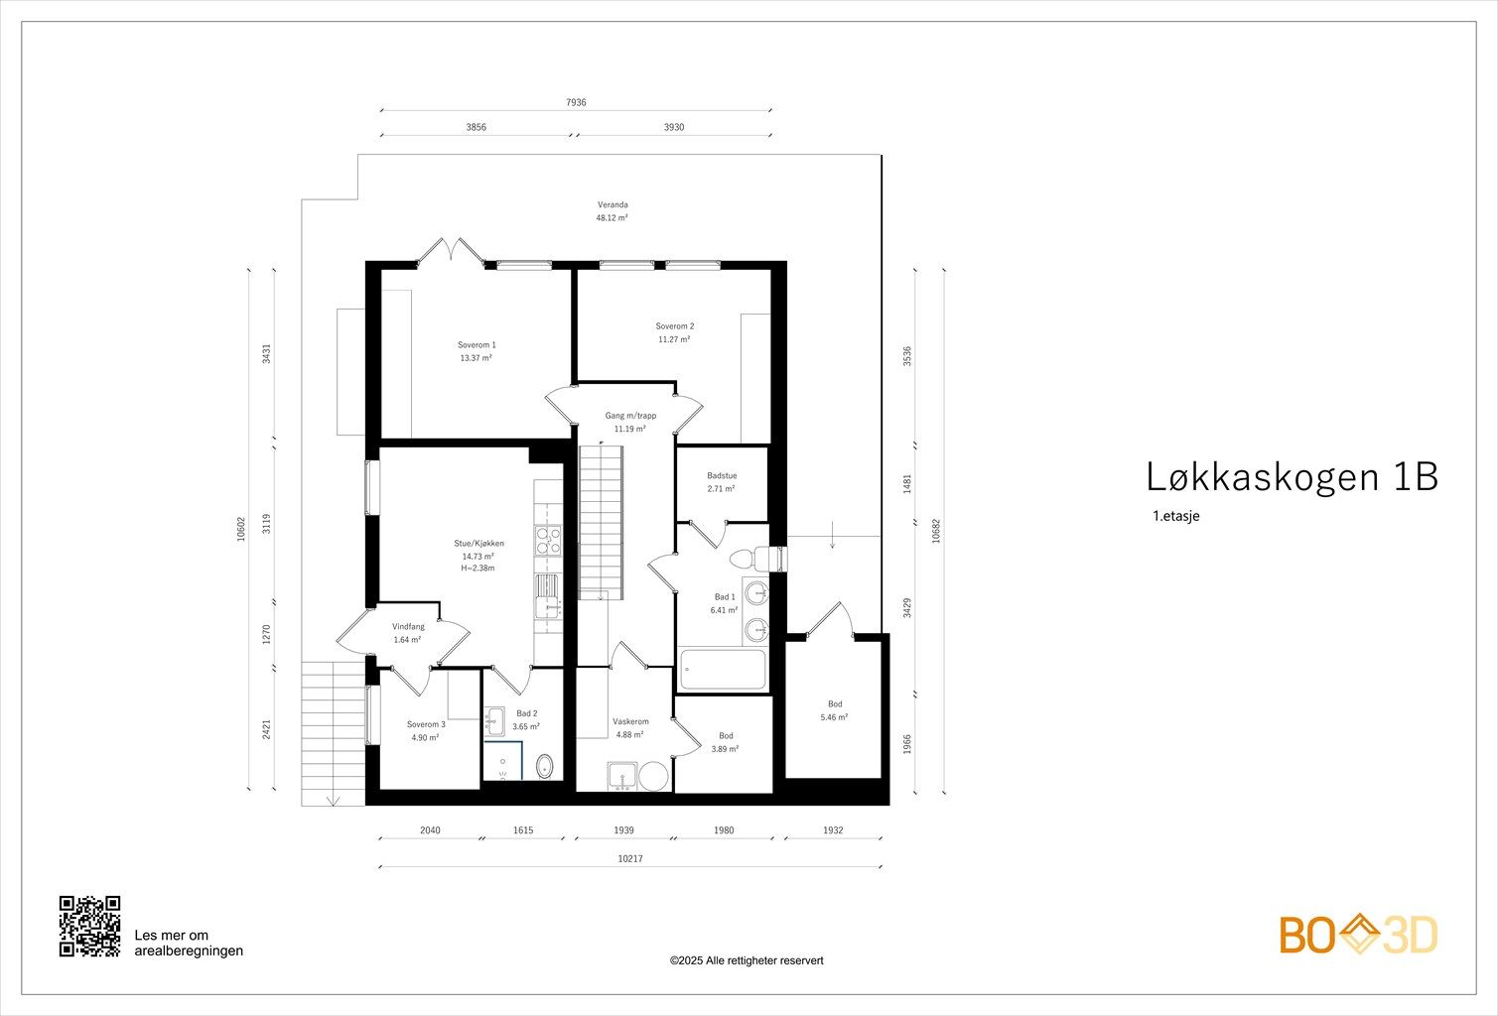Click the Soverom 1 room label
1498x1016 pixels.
(x=477, y=345)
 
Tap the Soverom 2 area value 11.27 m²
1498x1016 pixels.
(x=674, y=339)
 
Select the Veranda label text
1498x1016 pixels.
(x=613, y=204)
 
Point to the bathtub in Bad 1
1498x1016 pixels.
(x=723, y=670)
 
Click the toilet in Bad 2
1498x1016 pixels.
(x=545, y=766)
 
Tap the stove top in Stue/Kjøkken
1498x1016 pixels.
(x=547, y=540)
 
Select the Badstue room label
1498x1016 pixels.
(x=722, y=476)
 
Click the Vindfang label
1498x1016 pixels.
(x=408, y=627)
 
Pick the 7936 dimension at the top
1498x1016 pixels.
(x=576, y=102)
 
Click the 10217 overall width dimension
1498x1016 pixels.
(x=630, y=859)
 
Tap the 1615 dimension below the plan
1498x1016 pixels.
(x=523, y=830)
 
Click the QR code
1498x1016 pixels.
(x=89, y=926)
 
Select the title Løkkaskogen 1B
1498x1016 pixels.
(x=1292, y=477)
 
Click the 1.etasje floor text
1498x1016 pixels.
(x=1175, y=516)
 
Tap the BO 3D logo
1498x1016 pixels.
(x=1358, y=935)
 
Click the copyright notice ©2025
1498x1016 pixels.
(x=747, y=960)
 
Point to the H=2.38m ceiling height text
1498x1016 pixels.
(x=477, y=569)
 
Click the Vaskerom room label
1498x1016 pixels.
(x=630, y=721)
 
